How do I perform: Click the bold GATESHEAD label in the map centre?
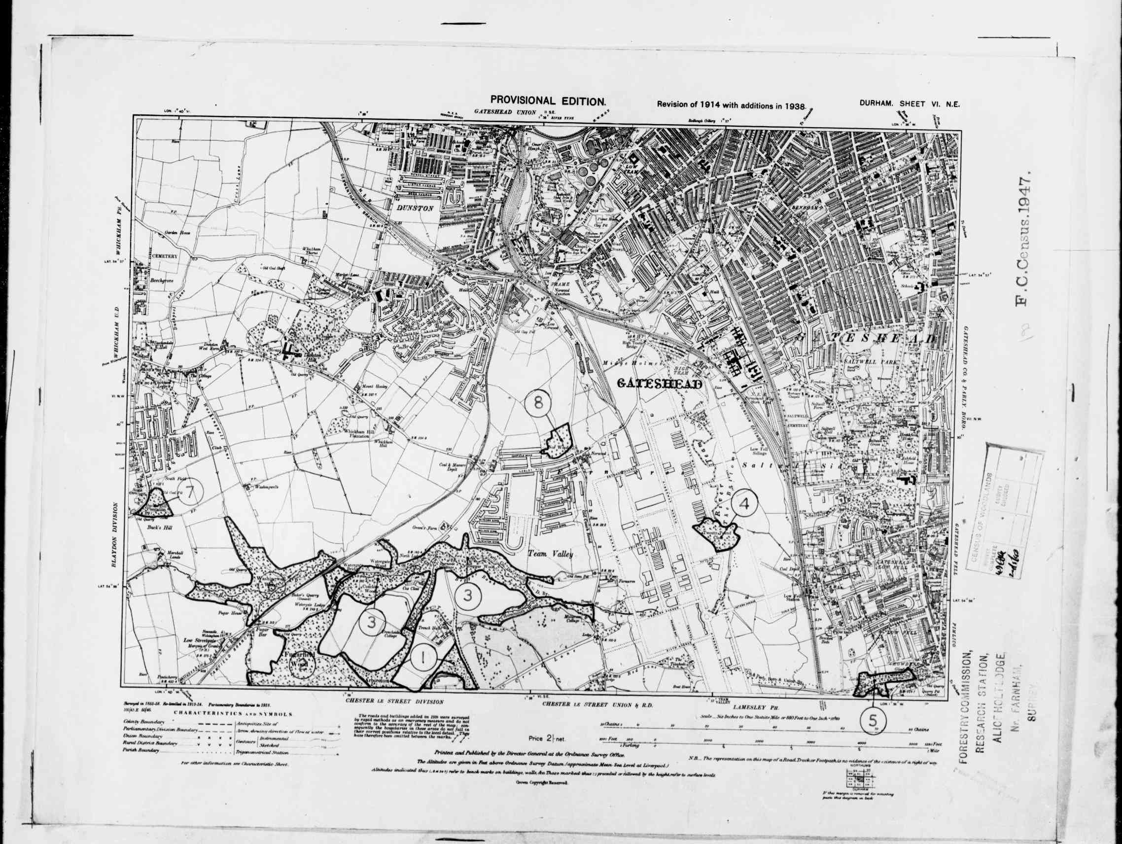pos(660,385)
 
